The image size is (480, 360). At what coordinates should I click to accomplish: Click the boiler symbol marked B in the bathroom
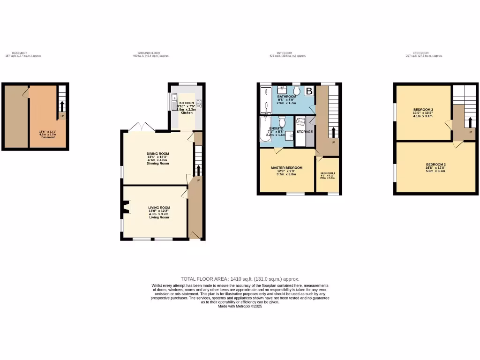click(309, 91)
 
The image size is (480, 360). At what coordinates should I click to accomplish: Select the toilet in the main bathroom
click(296, 90)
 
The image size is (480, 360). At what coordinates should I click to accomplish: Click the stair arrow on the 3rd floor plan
click(469, 122)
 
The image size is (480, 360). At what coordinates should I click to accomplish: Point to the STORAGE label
click(304, 132)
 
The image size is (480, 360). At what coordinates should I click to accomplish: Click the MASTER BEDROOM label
click(286, 167)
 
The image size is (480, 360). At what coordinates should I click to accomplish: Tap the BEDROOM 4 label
click(328, 173)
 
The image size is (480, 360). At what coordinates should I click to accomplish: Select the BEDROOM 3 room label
click(423, 110)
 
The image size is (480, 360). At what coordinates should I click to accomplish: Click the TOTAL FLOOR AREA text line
click(240, 279)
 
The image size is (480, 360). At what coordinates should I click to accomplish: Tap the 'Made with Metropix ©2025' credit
click(240, 306)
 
